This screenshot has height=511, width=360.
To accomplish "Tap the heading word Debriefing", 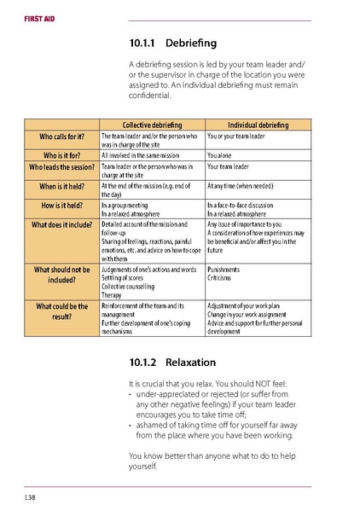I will [x=192, y=43].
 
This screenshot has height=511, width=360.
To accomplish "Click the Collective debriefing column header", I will [x=152, y=125].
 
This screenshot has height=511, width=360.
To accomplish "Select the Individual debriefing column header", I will [x=258, y=125].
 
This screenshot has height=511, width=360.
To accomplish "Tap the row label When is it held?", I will [x=62, y=187].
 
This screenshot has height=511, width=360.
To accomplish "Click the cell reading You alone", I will [x=223, y=156].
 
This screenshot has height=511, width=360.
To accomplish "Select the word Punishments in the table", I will [x=224, y=270].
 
